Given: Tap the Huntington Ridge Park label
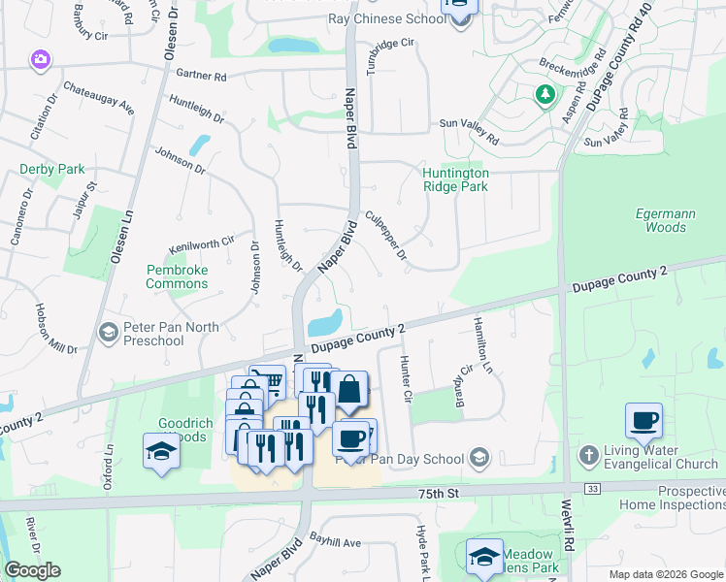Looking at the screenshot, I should pos(455,179).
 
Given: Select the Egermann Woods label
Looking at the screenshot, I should pos(664,220).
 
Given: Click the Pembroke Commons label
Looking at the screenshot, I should pos(177,276).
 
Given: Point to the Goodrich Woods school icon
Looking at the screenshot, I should pos(162,451).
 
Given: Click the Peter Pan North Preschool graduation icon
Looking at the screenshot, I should pos(109,333).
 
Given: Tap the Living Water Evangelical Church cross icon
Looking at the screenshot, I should pos(587,455).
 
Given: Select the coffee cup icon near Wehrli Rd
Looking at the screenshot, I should pos(643,421).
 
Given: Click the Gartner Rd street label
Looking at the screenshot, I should pos(201,76).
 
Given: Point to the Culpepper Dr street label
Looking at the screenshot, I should pos(384,236).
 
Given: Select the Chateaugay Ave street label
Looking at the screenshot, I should pos(98,98).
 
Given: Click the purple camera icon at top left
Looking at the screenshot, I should pos(41,60).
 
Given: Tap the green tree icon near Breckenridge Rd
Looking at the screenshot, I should pos(544,94).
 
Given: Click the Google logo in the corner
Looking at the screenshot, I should pos(32,570).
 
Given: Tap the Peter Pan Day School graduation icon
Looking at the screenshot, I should pos(478,457).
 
